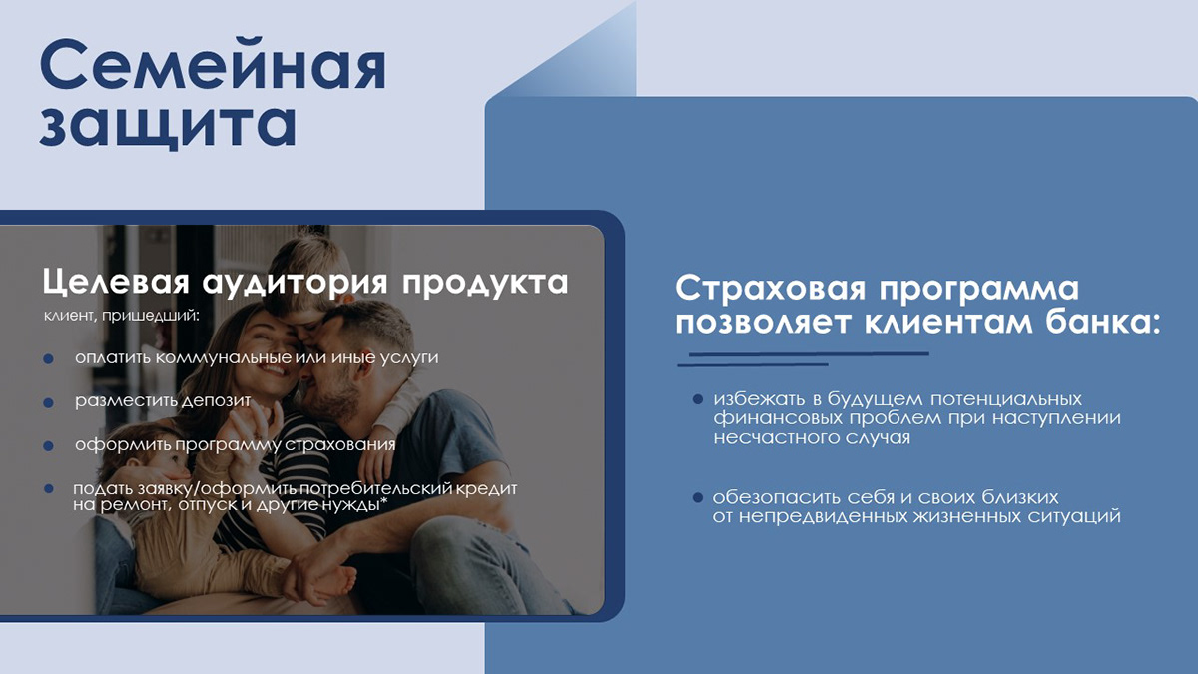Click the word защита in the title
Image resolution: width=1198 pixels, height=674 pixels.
click(168, 127)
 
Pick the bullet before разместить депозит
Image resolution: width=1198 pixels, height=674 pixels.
click(48, 402)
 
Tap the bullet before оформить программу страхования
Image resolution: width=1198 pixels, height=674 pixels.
click(48, 446)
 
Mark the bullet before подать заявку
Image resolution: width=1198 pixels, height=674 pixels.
click(48, 489)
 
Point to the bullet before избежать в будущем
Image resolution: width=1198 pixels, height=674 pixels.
click(699, 399)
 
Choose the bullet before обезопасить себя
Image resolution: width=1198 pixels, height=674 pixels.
click(699, 497)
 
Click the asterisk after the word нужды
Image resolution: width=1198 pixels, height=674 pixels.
click(383, 501)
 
